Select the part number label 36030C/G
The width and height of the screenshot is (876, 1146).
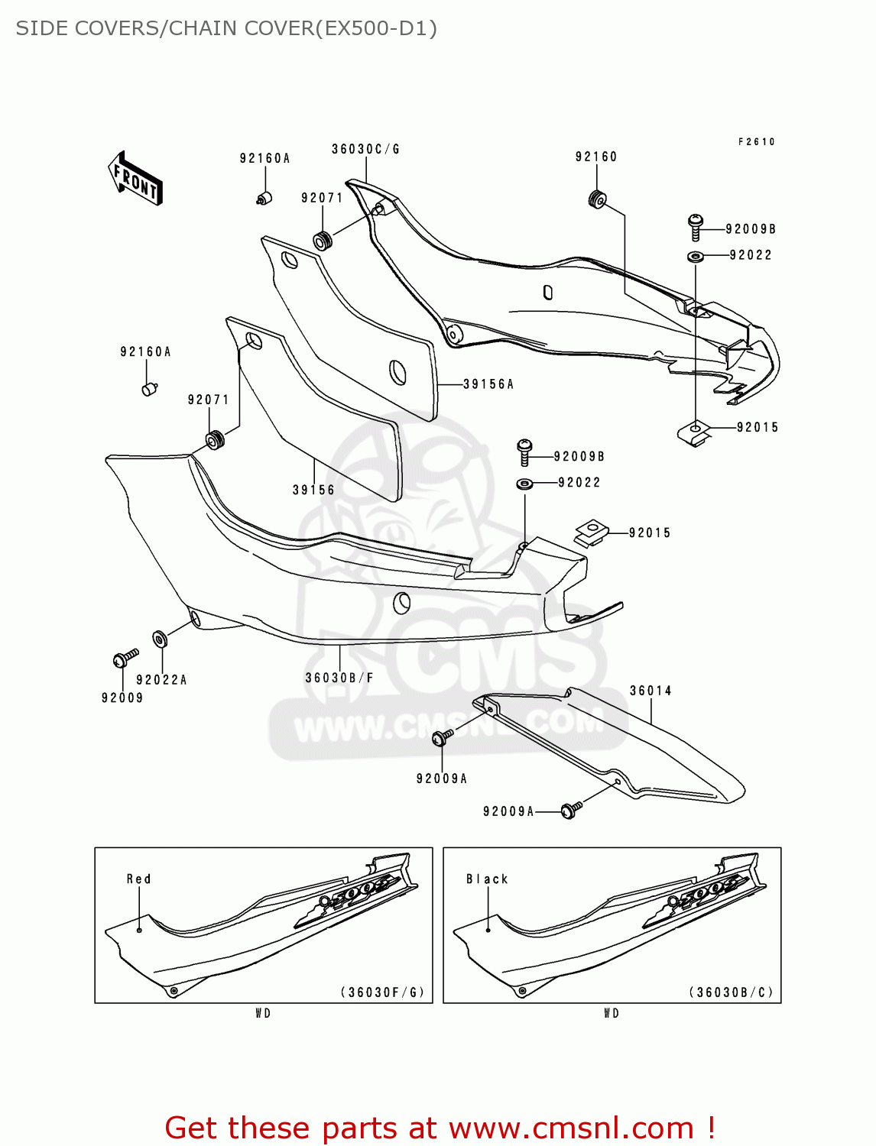(x=365, y=149)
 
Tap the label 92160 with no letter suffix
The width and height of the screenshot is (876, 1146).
(x=596, y=157)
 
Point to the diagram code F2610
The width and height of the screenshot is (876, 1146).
(x=757, y=142)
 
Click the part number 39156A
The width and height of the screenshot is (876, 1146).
(x=488, y=384)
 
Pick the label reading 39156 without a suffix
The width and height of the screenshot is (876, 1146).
(x=313, y=490)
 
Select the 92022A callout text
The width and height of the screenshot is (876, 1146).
(x=161, y=679)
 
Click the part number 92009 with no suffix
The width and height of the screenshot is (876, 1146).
(x=122, y=698)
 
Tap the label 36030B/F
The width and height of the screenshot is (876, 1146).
(x=339, y=678)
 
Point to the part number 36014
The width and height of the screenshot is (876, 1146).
(x=651, y=691)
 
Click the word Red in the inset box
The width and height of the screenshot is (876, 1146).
(x=139, y=879)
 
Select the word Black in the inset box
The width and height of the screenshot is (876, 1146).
(x=487, y=879)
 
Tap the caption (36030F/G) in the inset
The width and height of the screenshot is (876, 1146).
(x=382, y=992)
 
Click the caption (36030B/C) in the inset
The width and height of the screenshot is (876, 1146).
(x=732, y=992)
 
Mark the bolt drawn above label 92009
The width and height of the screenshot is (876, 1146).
(x=124, y=658)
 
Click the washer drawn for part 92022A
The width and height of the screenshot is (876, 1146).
(x=160, y=639)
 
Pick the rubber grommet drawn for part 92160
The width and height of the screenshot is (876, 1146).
(x=597, y=199)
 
